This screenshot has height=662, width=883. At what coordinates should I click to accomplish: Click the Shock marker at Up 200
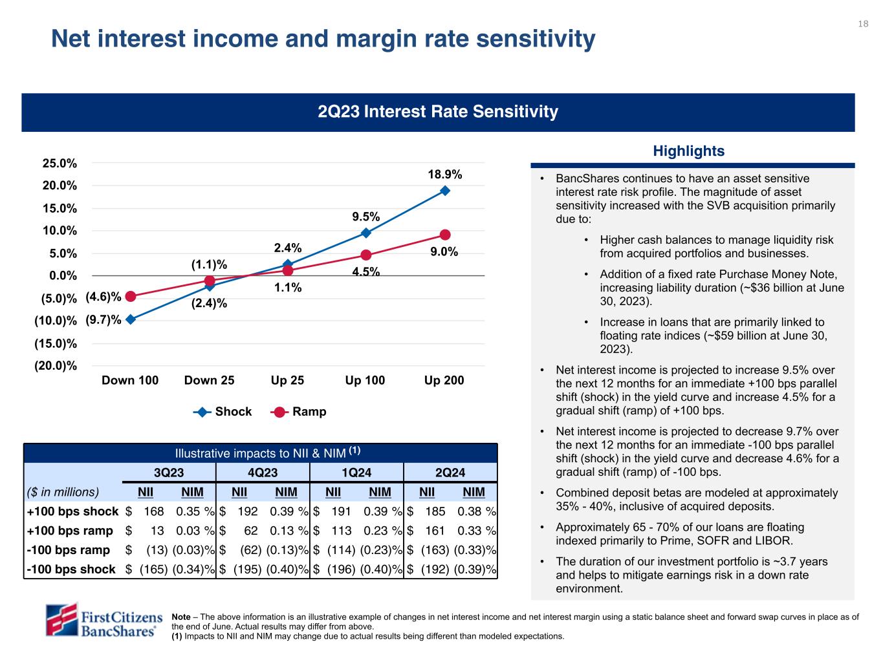(x=445, y=191)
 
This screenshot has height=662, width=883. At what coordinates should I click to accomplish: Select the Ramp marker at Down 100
(x=131, y=296)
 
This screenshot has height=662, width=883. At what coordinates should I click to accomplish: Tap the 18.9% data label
(x=445, y=175)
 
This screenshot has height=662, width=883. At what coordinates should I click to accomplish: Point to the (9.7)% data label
(x=104, y=319)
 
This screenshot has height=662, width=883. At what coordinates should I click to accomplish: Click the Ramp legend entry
(x=300, y=412)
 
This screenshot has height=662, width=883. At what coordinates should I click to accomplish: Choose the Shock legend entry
(x=223, y=412)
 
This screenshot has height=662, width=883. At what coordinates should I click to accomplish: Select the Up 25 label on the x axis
(x=287, y=380)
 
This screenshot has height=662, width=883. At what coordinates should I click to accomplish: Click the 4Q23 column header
(x=263, y=473)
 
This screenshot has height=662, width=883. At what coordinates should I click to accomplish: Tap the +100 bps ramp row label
(x=70, y=531)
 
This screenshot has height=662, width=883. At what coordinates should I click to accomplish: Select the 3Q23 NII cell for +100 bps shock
(x=154, y=511)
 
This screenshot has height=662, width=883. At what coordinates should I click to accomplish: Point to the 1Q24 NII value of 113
(x=341, y=531)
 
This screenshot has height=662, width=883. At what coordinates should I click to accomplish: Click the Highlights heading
(x=688, y=151)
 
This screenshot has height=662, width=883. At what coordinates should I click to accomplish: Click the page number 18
(x=863, y=24)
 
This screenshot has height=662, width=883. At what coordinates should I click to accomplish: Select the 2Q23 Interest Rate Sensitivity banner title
(x=438, y=112)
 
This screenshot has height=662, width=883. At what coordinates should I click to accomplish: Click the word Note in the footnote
(x=181, y=617)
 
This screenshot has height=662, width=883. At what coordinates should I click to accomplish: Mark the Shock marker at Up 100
(x=365, y=233)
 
